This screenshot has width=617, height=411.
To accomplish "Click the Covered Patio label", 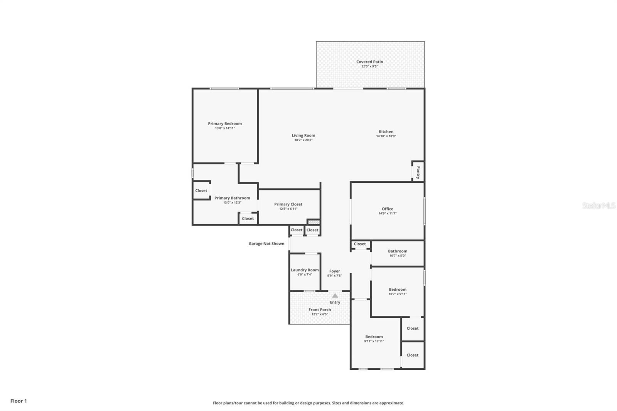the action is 369,62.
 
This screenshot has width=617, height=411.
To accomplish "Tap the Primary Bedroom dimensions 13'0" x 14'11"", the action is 225,128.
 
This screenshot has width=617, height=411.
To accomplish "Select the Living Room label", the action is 303,136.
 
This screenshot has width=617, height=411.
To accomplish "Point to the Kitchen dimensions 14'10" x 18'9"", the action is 386,136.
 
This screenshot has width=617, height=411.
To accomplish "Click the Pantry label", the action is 418,172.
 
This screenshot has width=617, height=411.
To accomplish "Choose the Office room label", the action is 387,209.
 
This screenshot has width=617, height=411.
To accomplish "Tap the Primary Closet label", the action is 288,204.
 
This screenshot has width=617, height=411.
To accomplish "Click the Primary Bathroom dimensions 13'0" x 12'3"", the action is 232,202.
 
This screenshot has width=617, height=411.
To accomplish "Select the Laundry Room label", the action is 305,270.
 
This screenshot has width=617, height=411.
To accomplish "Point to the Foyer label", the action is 334,271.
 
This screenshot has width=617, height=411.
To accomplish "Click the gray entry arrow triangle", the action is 335,296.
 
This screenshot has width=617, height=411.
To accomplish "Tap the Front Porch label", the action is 320,310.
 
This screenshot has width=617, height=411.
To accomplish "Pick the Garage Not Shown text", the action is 266,244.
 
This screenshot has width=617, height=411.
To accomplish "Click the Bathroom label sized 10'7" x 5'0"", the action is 398,251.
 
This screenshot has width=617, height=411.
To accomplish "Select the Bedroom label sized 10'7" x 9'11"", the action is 398,289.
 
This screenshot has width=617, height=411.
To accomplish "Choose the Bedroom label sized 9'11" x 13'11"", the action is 374,337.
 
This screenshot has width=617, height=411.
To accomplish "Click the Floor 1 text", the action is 19,401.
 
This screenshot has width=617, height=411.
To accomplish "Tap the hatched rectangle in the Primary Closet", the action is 314,222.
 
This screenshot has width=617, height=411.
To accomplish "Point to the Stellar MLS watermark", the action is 599,205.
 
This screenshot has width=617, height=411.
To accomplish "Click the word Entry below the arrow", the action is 335,302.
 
